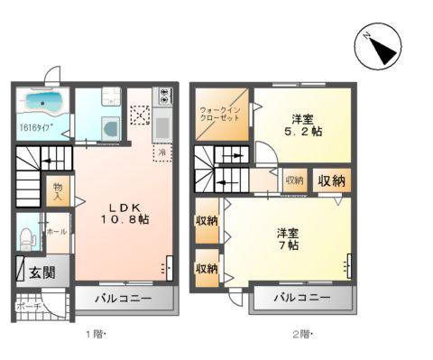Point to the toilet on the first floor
pyautogui.click(x=28, y=237)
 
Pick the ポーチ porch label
pyautogui.click(x=27, y=305)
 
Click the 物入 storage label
pyautogui.click(x=58, y=191)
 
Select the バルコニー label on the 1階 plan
pyautogui.click(x=126, y=298)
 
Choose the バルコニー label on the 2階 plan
pyautogui.click(x=302, y=298)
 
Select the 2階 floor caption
pyautogui.click(x=300, y=336)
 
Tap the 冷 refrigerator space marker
pyautogui.click(x=162, y=152)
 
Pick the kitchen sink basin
pyautogui.click(x=163, y=126)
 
